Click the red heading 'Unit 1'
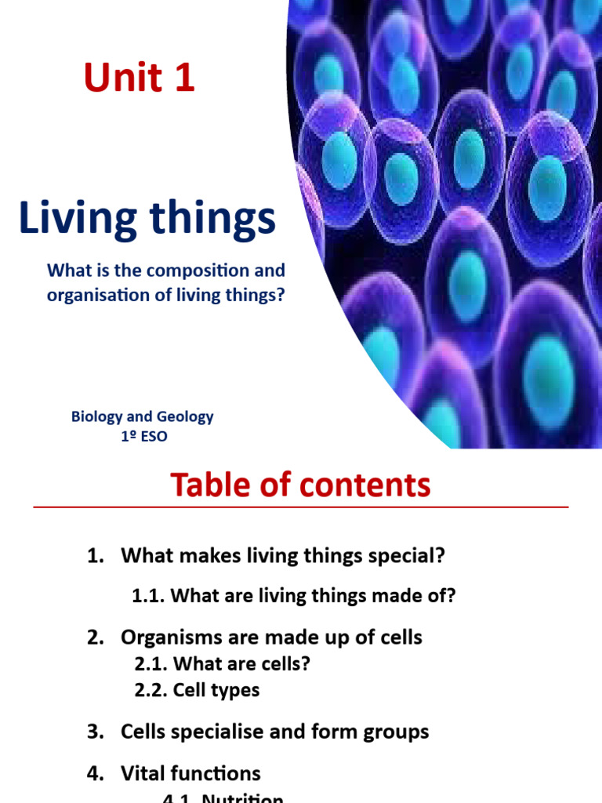[x=140, y=79]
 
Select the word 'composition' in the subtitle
[x=200, y=271]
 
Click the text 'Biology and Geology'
[x=142, y=416]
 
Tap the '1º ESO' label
[x=143, y=436]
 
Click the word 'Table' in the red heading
[x=206, y=486]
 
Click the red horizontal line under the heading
[x=300, y=507]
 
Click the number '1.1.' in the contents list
[x=147, y=596]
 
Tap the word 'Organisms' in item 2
[x=163, y=637]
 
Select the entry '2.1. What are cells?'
[x=222, y=664]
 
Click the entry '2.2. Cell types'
[x=196, y=690]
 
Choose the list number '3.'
[x=96, y=732]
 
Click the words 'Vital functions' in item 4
[x=190, y=773]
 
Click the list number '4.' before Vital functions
[x=96, y=773]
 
